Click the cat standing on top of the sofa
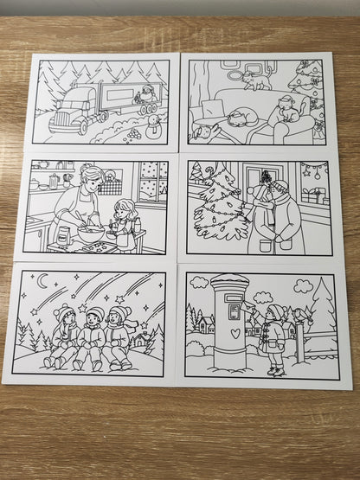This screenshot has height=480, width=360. tap(257, 80)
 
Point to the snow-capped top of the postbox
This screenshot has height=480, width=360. tap(230, 281)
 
